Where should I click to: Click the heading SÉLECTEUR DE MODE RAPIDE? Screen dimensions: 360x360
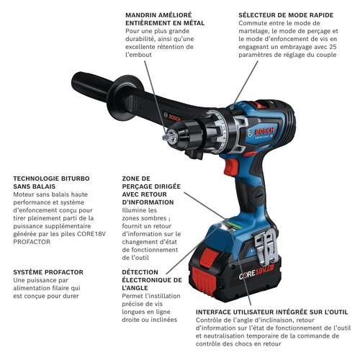[286, 15]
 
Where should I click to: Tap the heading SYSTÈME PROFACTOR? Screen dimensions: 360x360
[48, 272]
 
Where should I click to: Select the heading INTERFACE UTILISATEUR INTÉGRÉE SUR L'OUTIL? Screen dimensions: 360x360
[271, 312]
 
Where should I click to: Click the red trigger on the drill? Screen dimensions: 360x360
[230, 167]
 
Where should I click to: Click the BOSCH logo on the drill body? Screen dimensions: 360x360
[264, 132]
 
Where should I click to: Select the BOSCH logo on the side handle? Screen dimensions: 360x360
[175, 117]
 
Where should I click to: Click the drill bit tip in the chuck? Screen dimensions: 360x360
[166, 138]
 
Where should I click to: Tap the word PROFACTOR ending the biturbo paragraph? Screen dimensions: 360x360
[32, 242]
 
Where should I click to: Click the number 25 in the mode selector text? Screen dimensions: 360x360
[333, 47]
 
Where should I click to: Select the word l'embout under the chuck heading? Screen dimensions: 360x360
[138, 55]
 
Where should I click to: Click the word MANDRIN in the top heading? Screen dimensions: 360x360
[140, 15]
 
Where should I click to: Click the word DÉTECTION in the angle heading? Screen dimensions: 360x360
[140, 272]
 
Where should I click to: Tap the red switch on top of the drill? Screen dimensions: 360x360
[261, 104]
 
